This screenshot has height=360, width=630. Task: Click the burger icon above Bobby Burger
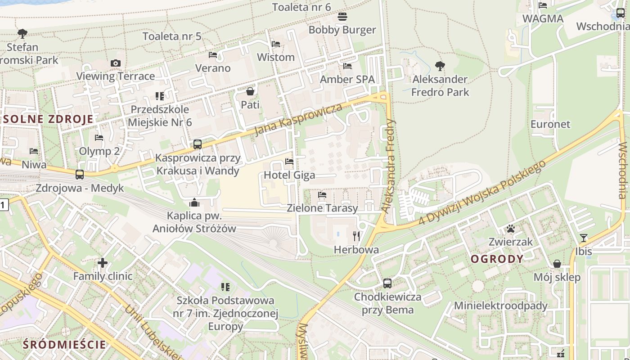coord(342,17)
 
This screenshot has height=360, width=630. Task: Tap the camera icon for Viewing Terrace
coord(116,63)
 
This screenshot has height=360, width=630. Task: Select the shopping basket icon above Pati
coord(250,92)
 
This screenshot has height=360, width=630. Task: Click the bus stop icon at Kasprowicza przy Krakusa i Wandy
coord(197,144)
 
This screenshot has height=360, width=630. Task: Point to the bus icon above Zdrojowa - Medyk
coord(80,175)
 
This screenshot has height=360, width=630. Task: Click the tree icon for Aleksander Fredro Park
coord(440,67)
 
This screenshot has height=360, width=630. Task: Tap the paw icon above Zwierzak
coord(511,229)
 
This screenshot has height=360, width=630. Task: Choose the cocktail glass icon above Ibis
coord(584,238)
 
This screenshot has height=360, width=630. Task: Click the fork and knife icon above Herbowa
coord(356,236)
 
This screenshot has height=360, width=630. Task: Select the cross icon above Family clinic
coord(103,263)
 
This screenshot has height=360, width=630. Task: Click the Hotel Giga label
coord(289,175)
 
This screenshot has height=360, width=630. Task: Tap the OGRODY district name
coord(497,259)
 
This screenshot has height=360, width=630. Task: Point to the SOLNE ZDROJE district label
coord(48,119)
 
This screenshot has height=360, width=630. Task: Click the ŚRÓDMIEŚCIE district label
coord(64,345)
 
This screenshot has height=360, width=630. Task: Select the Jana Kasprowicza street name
coord(298,120)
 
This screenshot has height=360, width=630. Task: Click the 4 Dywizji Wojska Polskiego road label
coord(482,192)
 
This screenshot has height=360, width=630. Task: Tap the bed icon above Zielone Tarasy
coord(322,195)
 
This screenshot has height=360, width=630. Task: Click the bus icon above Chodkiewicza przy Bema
coord(387,283)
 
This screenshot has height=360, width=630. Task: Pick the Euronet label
coord(550,124)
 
